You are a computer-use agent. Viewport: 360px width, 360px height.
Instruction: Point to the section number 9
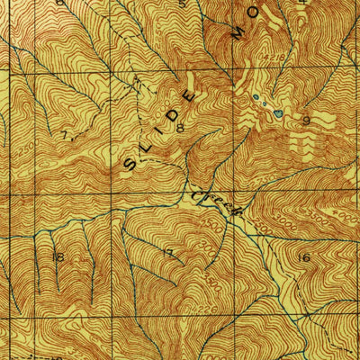click(x=305, y=119)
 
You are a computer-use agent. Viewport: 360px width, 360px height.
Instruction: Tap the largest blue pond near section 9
click(x=278, y=114)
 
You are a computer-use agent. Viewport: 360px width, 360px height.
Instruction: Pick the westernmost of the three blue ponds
click(x=255, y=96)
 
